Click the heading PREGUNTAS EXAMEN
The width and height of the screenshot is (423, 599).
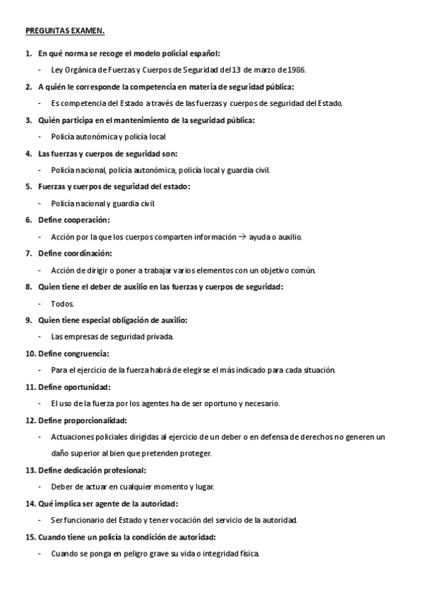click(65, 31)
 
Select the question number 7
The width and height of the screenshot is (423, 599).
click(28, 253)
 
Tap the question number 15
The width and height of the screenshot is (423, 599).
click(30, 537)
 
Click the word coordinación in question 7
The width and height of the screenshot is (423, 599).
click(88, 253)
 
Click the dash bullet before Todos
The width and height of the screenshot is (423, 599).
click(40, 303)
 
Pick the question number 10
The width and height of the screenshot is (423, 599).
click(30, 353)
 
